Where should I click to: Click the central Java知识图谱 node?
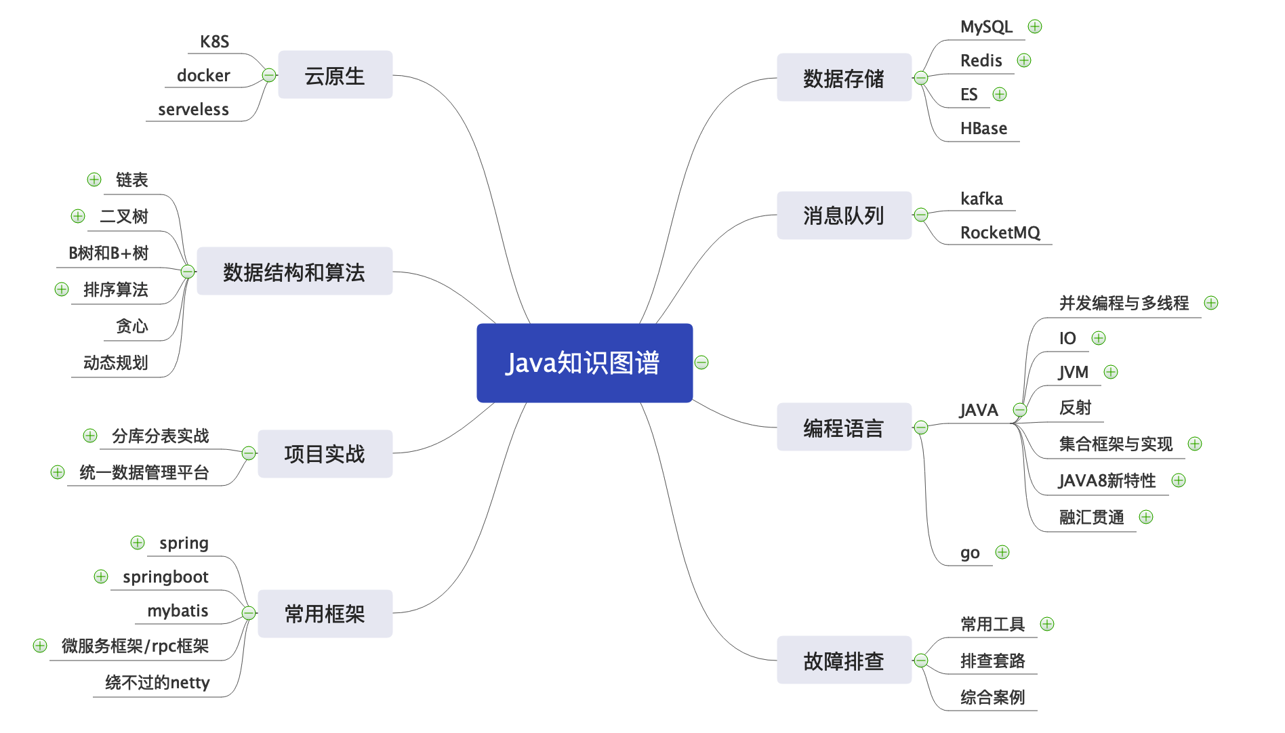point(584,362)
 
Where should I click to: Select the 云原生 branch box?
point(335,75)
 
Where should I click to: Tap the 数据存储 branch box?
point(843,78)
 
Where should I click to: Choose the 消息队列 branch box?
point(843,215)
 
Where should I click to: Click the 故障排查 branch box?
point(843,660)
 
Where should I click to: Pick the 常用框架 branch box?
point(325,613)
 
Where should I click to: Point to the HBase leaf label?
point(983,129)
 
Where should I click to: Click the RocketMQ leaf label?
point(1000,233)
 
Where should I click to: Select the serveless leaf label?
point(193,110)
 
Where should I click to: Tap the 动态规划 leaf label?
point(115,363)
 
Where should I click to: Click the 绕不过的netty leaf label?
point(157,682)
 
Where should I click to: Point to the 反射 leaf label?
point(1075,408)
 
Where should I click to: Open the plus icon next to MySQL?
point(1035,26)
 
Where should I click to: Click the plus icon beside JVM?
point(1111,372)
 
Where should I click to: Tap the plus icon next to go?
point(1002,552)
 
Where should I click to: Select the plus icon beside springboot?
point(101,577)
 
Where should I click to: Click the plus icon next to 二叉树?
point(78,216)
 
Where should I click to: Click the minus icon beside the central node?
point(701,362)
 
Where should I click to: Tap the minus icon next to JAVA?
point(1020,410)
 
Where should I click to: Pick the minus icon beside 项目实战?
point(249,453)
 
